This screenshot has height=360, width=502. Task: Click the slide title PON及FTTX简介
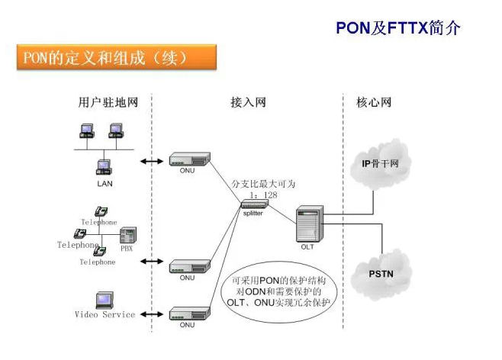(x=398, y=28)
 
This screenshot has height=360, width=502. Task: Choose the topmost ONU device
(x=188, y=159)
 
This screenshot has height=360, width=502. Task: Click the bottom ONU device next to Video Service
(x=188, y=313)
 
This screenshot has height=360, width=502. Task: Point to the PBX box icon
(x=127, y=235)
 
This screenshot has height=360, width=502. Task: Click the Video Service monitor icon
(x=105, y=300)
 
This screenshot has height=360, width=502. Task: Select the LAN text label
(x=105, y=183)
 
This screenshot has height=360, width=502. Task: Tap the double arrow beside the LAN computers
(x=153, y=161)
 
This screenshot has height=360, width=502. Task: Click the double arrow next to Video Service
(x=153, y=313)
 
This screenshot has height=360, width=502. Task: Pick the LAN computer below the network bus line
(x=105, y=167)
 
